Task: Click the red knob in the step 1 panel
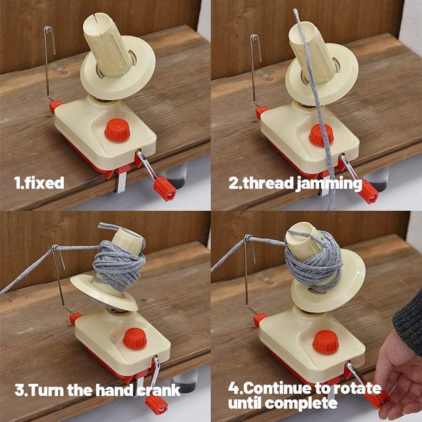coord(117,130)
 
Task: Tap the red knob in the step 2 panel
coord(321,135)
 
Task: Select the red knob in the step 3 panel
coord(134,338)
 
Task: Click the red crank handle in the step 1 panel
coord(164,190)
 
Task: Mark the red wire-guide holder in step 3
coord(75,319)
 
